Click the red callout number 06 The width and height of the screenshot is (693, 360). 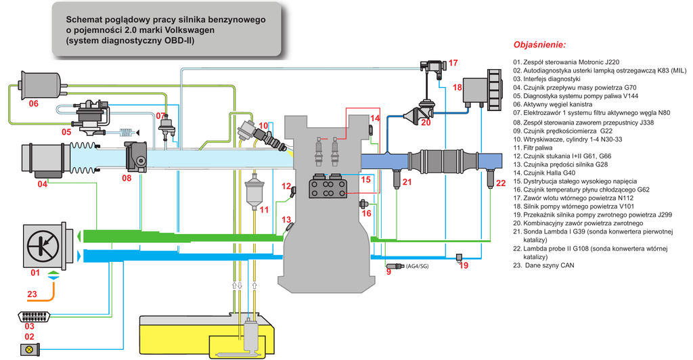33,104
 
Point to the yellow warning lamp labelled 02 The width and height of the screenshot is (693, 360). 30,348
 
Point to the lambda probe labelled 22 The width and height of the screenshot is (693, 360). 491,179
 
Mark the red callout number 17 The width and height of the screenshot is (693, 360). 453,63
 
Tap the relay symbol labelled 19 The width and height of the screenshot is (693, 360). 460,256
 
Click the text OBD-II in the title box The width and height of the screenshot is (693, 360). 180,41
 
